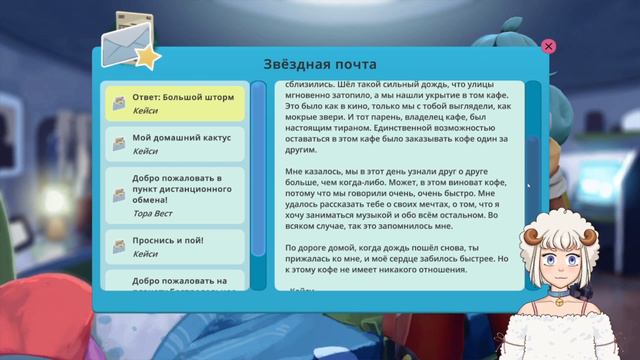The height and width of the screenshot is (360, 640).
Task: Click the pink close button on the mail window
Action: pos(548,46)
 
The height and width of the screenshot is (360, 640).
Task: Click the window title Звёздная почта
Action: pos(320,62)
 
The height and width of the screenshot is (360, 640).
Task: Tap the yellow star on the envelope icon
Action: pos(147,56)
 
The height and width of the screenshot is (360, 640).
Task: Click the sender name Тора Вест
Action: pos(152,213)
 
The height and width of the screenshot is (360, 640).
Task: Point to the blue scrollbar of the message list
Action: pos(259,180)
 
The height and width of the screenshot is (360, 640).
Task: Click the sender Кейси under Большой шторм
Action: pos(144,111)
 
